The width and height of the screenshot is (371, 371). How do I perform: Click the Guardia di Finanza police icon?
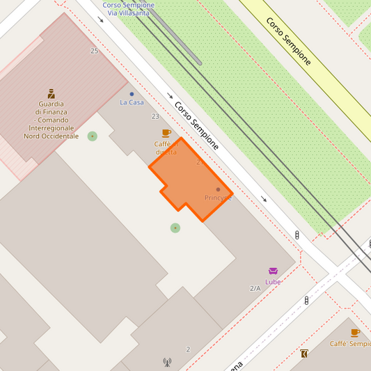coord(51,93)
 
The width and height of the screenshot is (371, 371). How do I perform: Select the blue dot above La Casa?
coord(132,94)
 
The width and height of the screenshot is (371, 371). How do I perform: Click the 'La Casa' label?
coord(132,102)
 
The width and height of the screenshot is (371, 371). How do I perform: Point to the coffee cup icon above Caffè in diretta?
coord(166,133)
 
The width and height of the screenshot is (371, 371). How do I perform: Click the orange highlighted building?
coord(188,177)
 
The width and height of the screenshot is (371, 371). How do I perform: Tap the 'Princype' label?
coord(218,198)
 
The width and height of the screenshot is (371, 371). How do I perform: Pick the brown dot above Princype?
coord(218,189)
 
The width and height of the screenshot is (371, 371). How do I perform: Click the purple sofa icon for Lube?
coord(273,271)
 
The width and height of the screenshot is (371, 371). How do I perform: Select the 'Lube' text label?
coord(273,282)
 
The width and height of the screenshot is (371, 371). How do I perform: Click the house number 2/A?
coord(255,288)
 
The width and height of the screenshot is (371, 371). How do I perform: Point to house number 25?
coord(94,51)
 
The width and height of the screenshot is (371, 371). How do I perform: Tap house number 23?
coord(155,116)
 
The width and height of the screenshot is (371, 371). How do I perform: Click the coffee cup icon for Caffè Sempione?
coord(355,333)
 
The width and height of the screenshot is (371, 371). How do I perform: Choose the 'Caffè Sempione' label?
coord(349,344)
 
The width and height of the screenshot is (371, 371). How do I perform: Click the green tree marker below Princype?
coord(175,228)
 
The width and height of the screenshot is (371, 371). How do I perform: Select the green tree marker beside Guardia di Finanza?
coord(93,136)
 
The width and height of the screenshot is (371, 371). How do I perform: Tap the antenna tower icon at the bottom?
coord(167,362)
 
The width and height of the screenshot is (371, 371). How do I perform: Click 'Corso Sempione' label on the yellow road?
coord(288,41)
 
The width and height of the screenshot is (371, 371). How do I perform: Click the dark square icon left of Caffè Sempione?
coord(304,354)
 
